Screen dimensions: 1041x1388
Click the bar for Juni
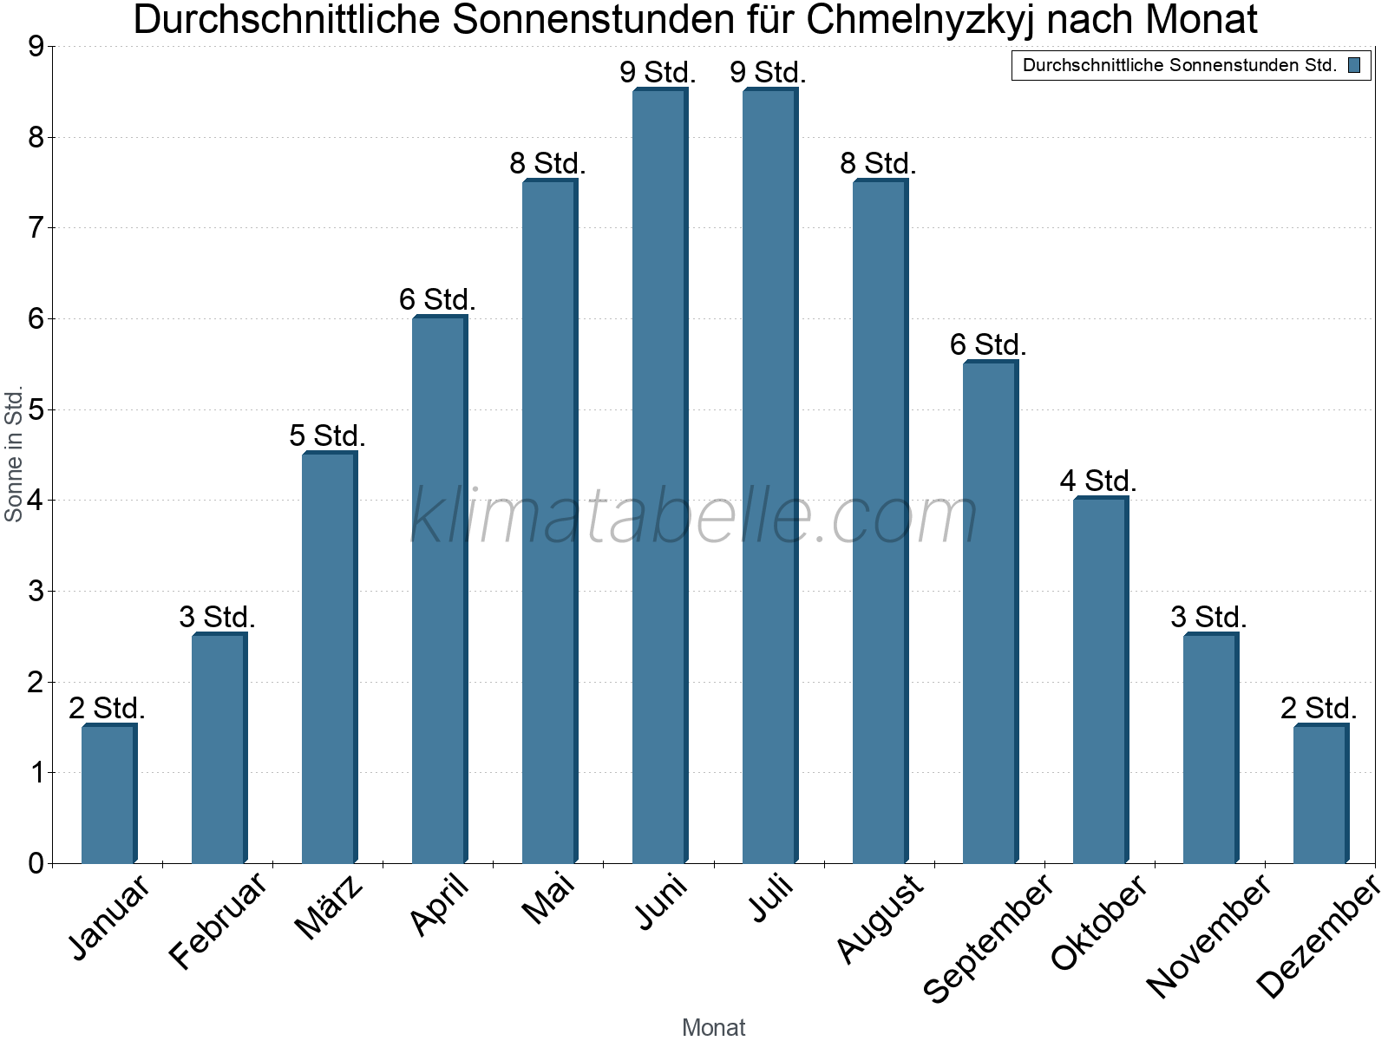pyautogui.click(x=659, y=477)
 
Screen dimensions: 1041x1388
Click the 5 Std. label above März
pyautogui.click(x=327, y=435)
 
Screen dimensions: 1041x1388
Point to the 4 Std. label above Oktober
pyautogui.click(x=1097, y=481)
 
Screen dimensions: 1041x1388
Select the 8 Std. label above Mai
pyautogui.click(x=547, y=163)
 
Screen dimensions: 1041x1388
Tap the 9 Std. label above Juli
pyautogui.click(x=768, y=73)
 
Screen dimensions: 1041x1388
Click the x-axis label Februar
pyautogui.click(x=218, y=921)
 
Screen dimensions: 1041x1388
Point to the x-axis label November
pyautogui.click(x=1208, y=935)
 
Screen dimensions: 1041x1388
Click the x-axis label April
pyautogui.click(x=439, y=906)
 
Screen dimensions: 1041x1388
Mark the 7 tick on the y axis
pyautogui.click(x=36, y=228)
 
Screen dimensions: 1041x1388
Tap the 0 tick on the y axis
pyautogui.click(x=36, y=863)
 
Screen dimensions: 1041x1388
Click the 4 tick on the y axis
pyautogui.click(x=36, y=501)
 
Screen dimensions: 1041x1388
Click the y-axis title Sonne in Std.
pyautogui.click(x=14, y=455)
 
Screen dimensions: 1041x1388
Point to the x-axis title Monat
pyautogui.click(x=713, y=1028)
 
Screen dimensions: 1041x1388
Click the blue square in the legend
pyautogui.click(x=1354, y=65)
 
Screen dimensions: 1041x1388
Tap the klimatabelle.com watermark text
pyautogui.click(x=694, y=517)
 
